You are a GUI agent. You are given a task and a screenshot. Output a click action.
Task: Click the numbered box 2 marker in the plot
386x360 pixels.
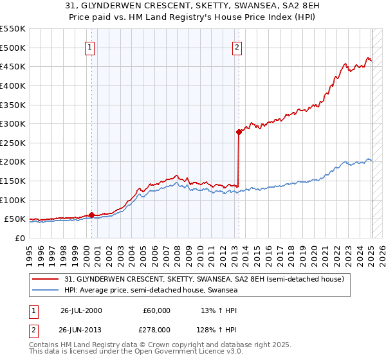[x=237, y=47]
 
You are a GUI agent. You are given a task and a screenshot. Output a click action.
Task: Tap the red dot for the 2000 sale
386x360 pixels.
[x=91, y=215]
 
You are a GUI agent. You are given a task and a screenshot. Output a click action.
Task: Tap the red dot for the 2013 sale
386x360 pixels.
[x=239, y=132]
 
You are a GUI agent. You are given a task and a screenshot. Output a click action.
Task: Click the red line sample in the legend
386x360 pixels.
[x=46, y=279]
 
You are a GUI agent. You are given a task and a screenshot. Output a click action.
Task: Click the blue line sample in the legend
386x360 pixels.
[x=46, y=291]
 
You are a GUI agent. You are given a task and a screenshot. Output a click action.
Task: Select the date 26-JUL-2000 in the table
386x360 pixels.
[x=81, y=310]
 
